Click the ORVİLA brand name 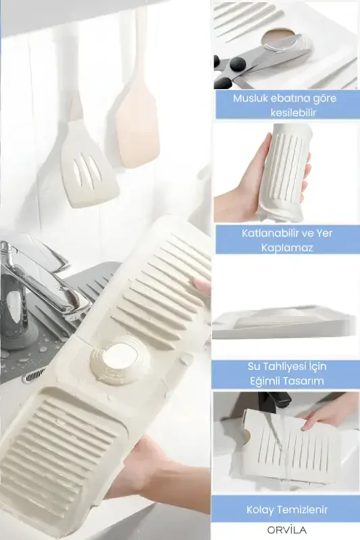coord(286,530)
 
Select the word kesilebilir coord(294,112)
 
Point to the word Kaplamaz coord(287,248)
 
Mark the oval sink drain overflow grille coord(34,375)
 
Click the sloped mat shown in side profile coord(284,321)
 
